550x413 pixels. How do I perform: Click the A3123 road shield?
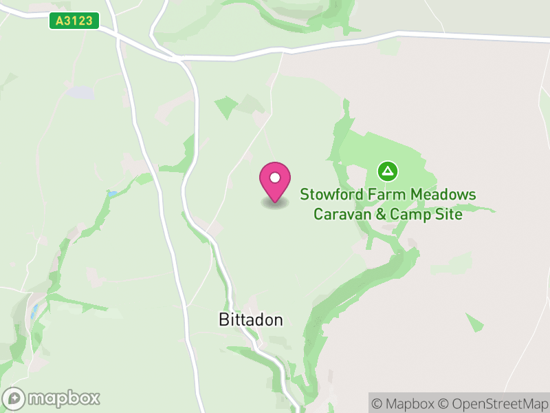tap(74, 21)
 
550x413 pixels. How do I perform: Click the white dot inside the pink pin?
tap(274, 178)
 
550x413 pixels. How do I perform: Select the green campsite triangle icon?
tap(388, 170)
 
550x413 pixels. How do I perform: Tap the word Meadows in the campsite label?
tap(443, 195)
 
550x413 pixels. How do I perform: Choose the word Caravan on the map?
tap(340, 214)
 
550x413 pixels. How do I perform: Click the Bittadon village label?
tap(250, 319)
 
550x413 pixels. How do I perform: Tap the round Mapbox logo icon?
tap(14, 399)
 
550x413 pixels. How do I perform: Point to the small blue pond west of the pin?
tap(111, 195)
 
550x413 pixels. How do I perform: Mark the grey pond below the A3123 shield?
tap(80, 92)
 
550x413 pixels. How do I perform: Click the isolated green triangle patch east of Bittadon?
tap(474, 321)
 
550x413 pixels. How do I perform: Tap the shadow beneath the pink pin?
tap(274, 204)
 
